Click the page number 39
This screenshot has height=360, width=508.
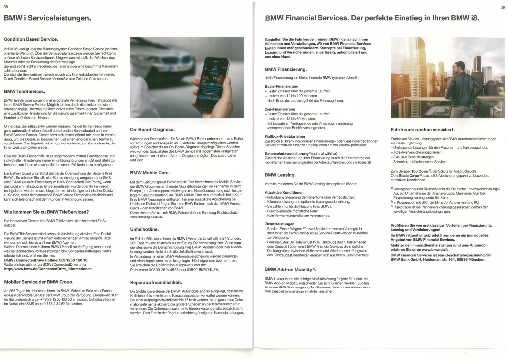tap(502, 6)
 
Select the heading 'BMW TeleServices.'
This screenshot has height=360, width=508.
tap(24, 91)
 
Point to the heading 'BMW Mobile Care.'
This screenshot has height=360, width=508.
tap(149, 173)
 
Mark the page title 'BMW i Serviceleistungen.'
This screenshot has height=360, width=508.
tap(47, 18)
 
